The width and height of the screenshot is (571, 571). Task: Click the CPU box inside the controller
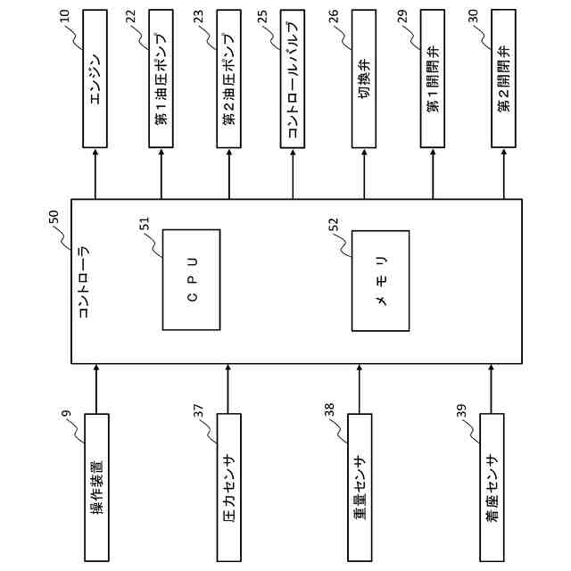(191, 277)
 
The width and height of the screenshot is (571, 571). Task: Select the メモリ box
(381, 277)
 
